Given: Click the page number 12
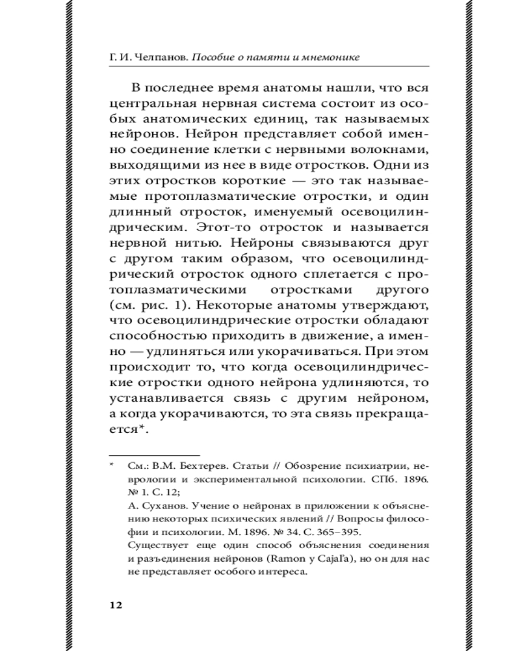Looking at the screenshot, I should point(115,605).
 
